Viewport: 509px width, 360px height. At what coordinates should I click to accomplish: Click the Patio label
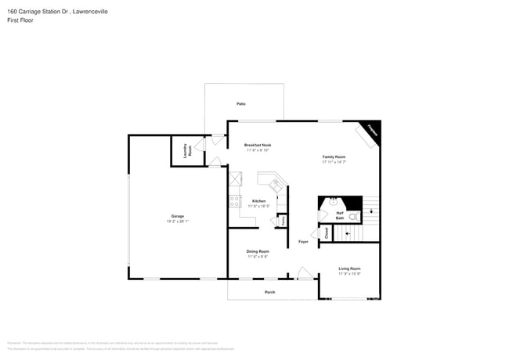pos(240,103)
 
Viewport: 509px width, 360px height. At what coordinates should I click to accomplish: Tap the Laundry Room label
pos(186,150)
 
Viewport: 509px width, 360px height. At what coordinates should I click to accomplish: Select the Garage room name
pos(178,216)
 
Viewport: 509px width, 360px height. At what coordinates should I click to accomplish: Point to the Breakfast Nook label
pos(258,146)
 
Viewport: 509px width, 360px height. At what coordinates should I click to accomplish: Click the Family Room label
pos(334,157)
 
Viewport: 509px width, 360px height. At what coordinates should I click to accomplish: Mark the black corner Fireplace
pos(372,131)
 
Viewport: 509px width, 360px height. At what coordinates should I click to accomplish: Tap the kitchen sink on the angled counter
pos(276,185)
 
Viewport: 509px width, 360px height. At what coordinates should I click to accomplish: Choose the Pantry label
pos(283,221)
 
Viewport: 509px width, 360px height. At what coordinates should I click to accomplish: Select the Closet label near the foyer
pos(327,232)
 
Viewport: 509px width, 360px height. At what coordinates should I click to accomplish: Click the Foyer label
pos(303,242)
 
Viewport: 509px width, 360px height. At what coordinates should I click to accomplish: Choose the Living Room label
pos(349,268)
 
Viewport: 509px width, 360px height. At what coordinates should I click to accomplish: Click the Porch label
pos(269,292)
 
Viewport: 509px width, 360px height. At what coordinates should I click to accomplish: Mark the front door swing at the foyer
pos(304,274)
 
